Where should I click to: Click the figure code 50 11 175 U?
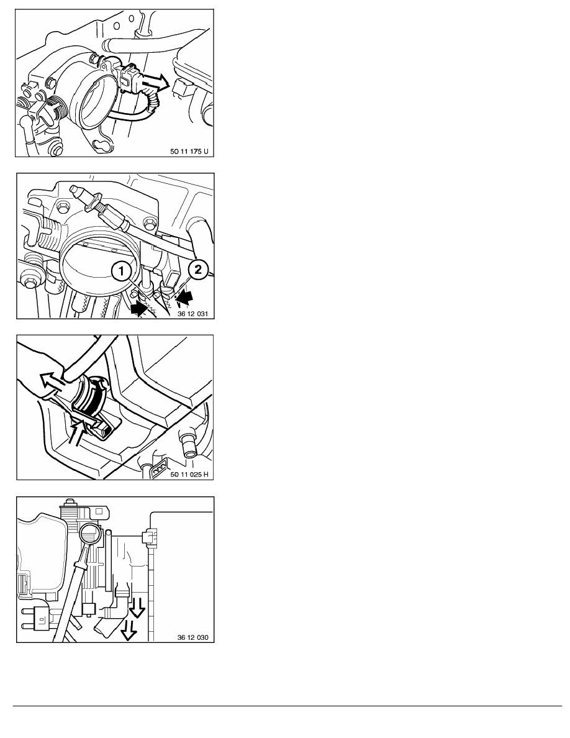point(189,152)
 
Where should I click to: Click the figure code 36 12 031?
point(192,314)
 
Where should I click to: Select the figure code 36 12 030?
point(193,637)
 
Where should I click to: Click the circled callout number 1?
point(121,271)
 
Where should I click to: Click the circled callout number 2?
point(198,269)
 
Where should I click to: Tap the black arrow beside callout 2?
point(186,296)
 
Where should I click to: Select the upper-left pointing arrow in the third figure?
point(53,381)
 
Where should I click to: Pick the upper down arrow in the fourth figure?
point(137,608)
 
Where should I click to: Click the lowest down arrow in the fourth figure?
point(127,630)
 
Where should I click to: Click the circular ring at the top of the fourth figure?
point(89,535)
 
